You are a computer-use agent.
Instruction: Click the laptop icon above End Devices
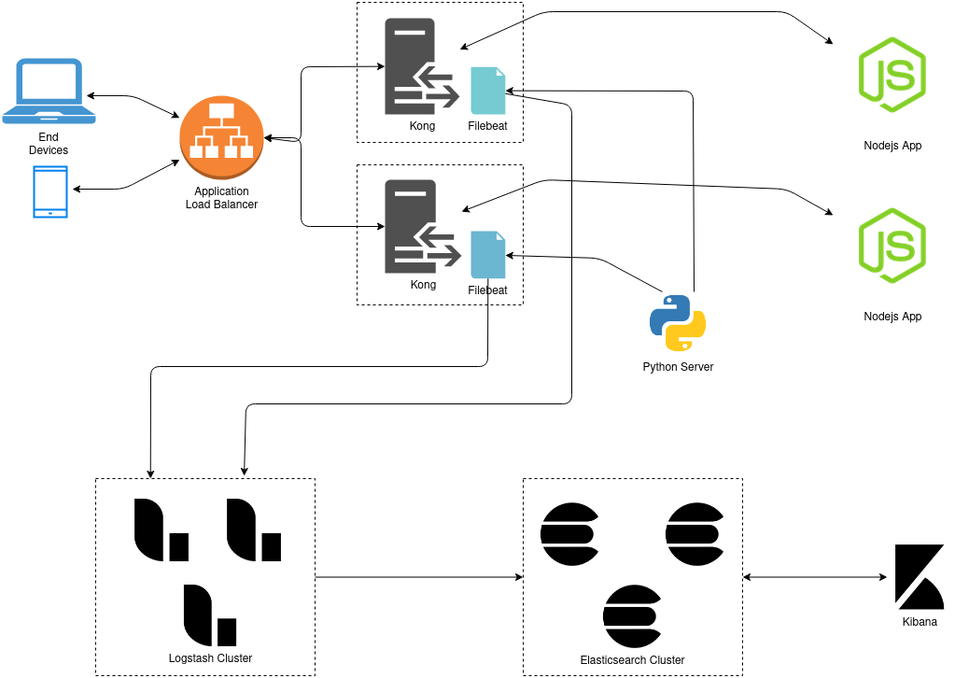point(49,91)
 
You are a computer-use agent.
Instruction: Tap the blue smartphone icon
point(50,191)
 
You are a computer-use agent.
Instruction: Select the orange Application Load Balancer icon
point(222,138)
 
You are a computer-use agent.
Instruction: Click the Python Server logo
point(678,322)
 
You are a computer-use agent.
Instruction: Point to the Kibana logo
point(920,573)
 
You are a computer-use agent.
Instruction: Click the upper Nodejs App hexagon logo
point(892,75)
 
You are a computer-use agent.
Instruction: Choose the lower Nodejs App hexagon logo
point(892,246)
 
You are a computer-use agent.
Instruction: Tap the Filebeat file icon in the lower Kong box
point(487,254)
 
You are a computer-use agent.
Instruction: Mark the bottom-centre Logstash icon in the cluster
point(209,614)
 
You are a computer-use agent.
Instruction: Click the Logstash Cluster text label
point(209,658)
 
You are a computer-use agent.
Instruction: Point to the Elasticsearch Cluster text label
point(632,660)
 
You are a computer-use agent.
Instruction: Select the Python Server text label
point(678,367)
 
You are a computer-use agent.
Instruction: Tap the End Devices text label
point(49,144)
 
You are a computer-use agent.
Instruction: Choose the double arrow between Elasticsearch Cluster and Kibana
point(815,577)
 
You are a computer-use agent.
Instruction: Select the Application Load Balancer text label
point(221,198)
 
